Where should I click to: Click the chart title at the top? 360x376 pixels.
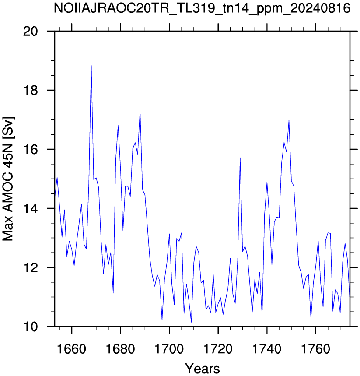pyautogui.click(x=202, y=9)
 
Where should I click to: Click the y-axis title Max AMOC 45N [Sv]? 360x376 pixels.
pyautogui.click(x=8, y=179)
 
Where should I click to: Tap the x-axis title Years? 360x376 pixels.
pyautogui.click(x=202, y=368)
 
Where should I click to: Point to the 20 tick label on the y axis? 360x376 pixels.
pyautogui.click(x=31, y=31)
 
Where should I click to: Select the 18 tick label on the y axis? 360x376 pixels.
pyautogui.click(x=31, y=91)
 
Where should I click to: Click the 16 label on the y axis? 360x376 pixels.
pyautogui.click(x=31, y=149)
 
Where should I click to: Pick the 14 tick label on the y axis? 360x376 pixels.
pyautogui.click(x=31, y=208)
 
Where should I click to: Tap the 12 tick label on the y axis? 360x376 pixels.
pyautogui.click(x=31, y=267)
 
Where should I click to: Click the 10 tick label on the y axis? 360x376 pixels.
pyautogui.click(x=31, y=327)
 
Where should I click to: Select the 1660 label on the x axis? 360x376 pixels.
pyautogui.click(x=71, y=349)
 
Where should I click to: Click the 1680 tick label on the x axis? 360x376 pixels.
pyautogui.click(x=120, y=349)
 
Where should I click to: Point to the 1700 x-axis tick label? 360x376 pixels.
pyautogui.click(x=169, y=349)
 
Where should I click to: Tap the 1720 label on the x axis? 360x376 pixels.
pyautogui.click(x=218, y=349)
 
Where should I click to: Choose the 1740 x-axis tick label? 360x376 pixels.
pyautogui.click(x=267, y=349)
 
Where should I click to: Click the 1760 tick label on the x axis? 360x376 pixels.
pyautogui.click(x=316, y=349)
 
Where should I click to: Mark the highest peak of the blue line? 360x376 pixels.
pyautogui.click(x=91, y=65)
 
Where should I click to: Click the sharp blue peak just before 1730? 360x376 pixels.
pyautogui.click(x=240, y=158)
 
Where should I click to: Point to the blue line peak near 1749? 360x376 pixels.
pyautogui.click(x=289, y=120)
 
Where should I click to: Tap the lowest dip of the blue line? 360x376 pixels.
pyautogui.click(x=191, y=322)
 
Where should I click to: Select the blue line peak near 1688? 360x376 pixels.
pyautogui.click(x=140, y=111)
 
